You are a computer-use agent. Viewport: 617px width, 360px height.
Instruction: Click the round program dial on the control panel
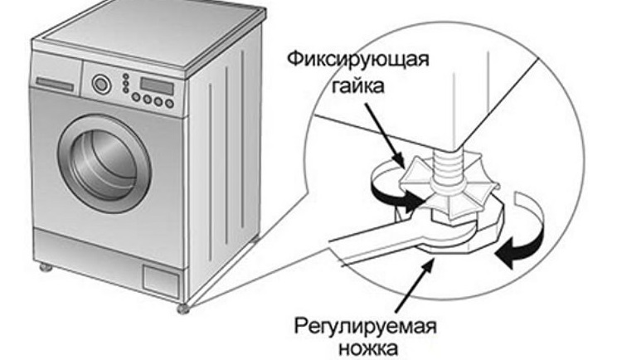coord(100,85)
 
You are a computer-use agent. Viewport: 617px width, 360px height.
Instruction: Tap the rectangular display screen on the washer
coord(157,85)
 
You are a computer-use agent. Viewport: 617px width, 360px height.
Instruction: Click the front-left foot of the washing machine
coord(45,269)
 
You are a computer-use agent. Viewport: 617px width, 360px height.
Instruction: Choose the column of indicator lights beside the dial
coord(125,85)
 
